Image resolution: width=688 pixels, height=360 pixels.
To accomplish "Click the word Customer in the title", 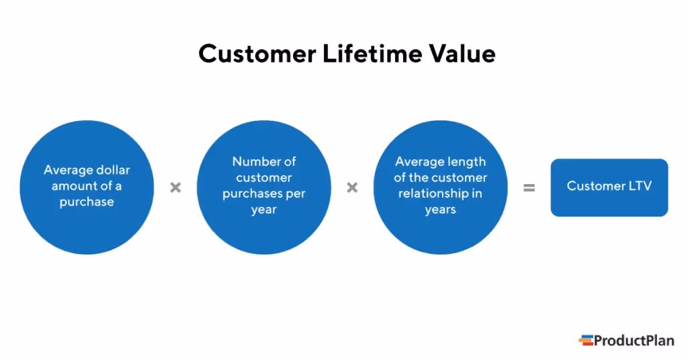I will (x=251, y=54).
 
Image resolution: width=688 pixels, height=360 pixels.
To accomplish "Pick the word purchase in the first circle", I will (x=86, y=202).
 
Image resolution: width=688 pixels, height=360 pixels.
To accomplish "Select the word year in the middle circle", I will (x=264, y=210).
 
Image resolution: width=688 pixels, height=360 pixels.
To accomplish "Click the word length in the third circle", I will (x=466, y=162).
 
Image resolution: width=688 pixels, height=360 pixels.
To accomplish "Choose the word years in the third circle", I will (x=440, y=210).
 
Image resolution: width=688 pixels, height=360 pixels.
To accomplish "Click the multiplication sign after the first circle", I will (x=175, y=187).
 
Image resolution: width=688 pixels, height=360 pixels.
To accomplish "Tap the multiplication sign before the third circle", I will (x=352, y=187).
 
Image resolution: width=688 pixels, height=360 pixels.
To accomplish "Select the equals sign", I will (x=529, y=188).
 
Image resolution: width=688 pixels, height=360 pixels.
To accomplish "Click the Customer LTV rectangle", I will (x=609, y=187).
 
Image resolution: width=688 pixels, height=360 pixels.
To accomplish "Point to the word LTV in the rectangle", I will (x=638, y=186).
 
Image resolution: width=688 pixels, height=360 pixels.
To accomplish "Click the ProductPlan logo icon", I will (x=586, y=341).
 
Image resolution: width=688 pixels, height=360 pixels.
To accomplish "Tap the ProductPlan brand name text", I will (x=635, y=341).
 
